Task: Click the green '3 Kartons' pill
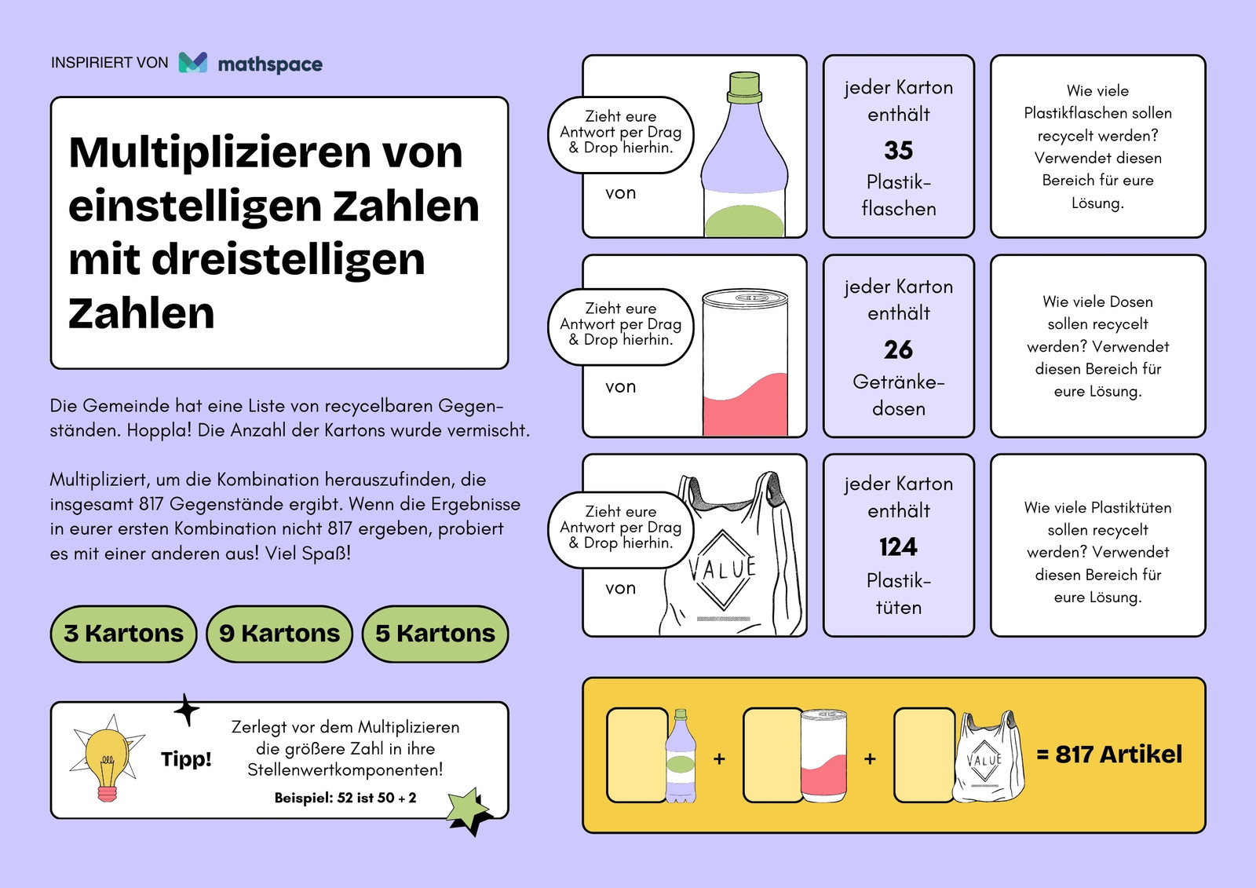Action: [123, 634]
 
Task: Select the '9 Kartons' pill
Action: [279, 634]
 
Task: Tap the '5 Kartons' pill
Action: [435, 634]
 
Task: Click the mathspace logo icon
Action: [193, 62]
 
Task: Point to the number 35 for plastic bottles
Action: [898, 150]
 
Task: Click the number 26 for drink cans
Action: [898, 350]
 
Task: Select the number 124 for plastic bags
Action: [898, 547]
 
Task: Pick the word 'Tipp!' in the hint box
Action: [186, 759]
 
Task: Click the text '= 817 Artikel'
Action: [1109, 755]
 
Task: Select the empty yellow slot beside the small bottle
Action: [637, 755]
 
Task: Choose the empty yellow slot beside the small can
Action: [772, 755]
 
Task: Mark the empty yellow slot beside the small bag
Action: [923, 755]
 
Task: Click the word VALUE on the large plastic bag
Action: [722, 569]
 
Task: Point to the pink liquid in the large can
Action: [745, 407]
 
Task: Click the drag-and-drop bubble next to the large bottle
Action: [620, 134]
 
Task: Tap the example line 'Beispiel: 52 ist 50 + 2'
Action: [345, 798]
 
